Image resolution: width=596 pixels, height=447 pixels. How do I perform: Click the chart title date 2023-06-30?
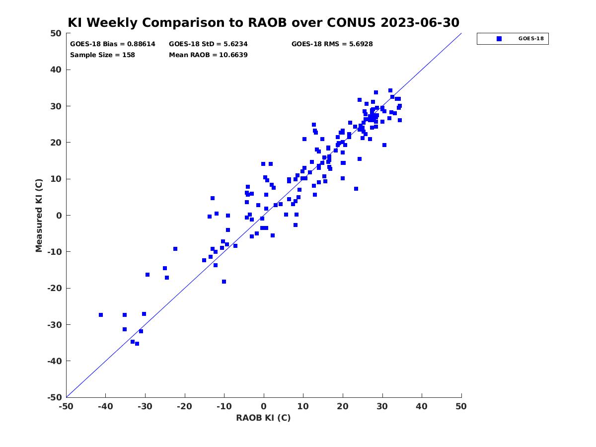[420, 22]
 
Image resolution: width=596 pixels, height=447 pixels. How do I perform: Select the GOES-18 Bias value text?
[113, 44]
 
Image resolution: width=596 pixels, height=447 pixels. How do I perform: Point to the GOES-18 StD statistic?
[208, 44]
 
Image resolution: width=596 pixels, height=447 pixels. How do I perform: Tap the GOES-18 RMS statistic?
[332, 44]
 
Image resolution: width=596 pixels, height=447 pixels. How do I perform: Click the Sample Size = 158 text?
[102, 55]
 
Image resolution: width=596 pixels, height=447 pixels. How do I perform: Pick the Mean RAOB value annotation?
[208, 55]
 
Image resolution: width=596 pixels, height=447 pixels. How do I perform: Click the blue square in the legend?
[499, 39]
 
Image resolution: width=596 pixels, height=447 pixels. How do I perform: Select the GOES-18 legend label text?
[531, 39]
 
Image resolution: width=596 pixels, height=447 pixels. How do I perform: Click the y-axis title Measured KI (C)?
[39, 216]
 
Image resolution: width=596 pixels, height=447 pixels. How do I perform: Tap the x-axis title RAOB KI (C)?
[263, 418]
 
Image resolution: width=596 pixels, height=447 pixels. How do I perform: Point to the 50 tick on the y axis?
[56, 33]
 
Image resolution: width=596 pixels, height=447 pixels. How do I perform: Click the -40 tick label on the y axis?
[55, 361]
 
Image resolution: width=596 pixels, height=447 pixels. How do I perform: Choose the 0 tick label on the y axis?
[59, 216]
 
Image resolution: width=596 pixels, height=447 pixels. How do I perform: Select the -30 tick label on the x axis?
[145, 406]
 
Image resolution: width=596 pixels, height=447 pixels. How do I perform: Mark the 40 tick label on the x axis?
[421, 406]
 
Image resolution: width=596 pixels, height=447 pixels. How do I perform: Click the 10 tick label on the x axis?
[303, 406]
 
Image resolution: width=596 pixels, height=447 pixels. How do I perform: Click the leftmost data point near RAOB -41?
[101, 315]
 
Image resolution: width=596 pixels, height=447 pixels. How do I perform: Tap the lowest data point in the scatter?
[137, 344]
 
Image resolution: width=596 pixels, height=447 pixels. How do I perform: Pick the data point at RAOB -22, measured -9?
[175, 249]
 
